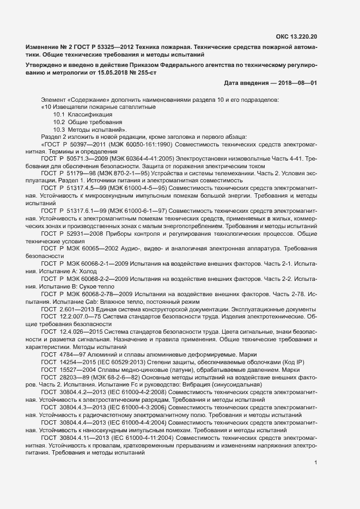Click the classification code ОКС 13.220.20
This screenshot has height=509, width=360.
point(297,36)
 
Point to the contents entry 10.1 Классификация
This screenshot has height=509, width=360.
point(83,114)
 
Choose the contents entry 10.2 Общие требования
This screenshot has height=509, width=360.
point(87,122)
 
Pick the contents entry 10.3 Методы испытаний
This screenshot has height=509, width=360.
point(89,130)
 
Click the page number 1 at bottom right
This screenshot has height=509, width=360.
point(316,463)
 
